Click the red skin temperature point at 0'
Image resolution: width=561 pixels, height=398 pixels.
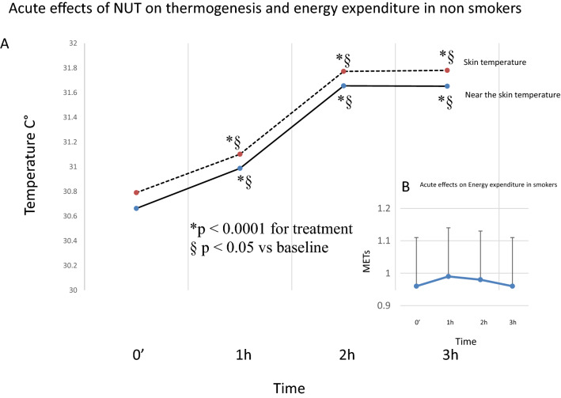tap(136, 192)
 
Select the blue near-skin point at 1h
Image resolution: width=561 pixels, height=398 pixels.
tap(240, 169)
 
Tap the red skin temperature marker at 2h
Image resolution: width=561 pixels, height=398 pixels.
tap(343, 71)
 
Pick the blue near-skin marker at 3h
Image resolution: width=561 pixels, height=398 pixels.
tap(447, 86)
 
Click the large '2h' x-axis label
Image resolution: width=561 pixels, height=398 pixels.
tap(345, 356)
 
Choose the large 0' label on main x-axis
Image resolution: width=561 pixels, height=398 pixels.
tap(137, 356)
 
